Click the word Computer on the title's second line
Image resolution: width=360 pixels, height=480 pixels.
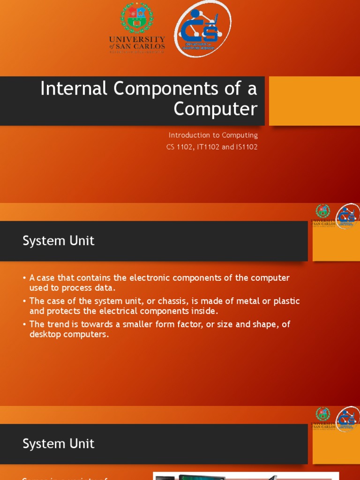pyautogui.click(x=215, y=109)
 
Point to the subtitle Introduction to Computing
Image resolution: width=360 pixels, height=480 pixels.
pyautogui.click(x=213, y=135)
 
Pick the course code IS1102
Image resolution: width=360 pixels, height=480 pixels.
pyautogui.click(x=244, y=147)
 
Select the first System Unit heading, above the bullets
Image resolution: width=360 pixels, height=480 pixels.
pyautogui.click(x=59, y=241)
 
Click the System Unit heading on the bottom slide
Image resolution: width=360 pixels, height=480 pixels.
pyautogui.click(x=59, y=444)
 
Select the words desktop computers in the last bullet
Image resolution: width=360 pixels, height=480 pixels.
pyautogui.click(x=69, y=335)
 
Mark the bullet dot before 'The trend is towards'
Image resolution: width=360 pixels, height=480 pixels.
pyautogui.click(x=24, y=324)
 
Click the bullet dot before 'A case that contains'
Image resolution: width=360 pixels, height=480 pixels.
pyautogui.click(x=24, y=278)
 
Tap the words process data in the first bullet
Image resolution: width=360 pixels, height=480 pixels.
pyautogui.click(x=94, y=288)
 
